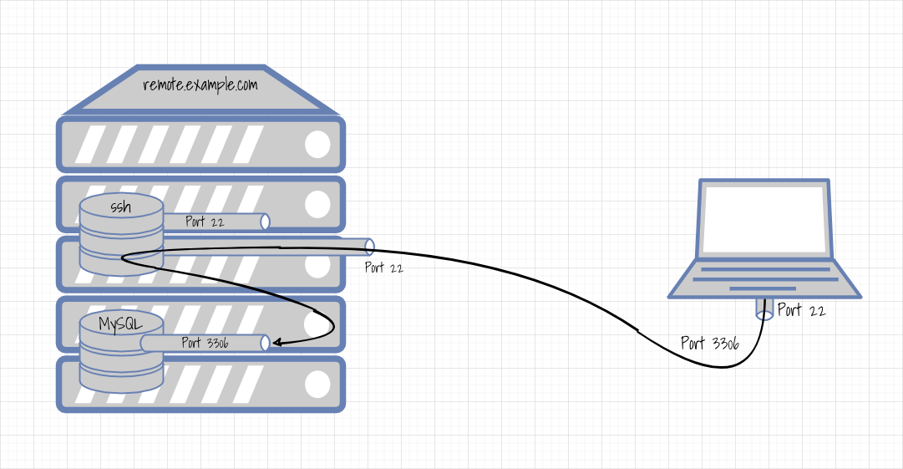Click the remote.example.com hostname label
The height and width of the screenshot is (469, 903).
click(200, 85)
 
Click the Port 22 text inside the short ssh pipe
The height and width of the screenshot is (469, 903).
click(205, 222)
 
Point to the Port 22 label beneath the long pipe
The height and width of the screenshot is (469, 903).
click(384, 268)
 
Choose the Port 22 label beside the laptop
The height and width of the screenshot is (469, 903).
click(801, 311)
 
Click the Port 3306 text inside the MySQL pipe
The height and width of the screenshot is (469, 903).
click(205, 343)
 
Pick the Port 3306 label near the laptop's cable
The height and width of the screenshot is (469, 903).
click(709, 344)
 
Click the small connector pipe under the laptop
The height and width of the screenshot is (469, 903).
click(764, 308)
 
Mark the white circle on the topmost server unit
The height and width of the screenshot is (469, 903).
click(317, 145)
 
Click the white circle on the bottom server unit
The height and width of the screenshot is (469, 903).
click(317, 385)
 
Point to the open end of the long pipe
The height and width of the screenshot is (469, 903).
click(369, 246)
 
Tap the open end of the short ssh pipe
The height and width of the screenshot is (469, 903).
click(266, 222)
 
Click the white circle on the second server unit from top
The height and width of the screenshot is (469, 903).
click(317, 204)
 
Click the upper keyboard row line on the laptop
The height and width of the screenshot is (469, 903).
click(764, 270)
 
